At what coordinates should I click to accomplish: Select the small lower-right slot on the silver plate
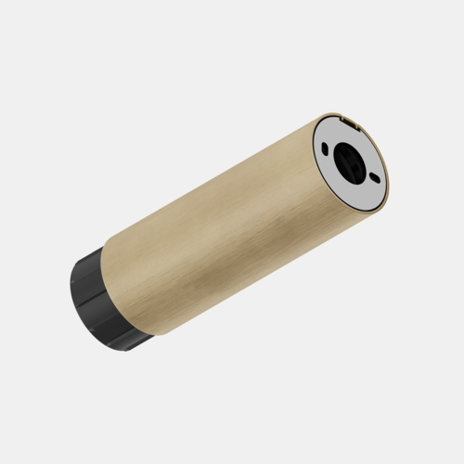[374, 177]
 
